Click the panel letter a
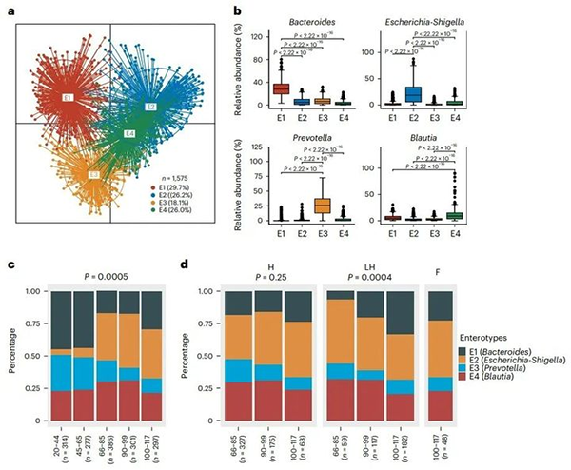pyautogui.click(x=10, y=10)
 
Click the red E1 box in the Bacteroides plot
pyautogui.click(x=282, y=88)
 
